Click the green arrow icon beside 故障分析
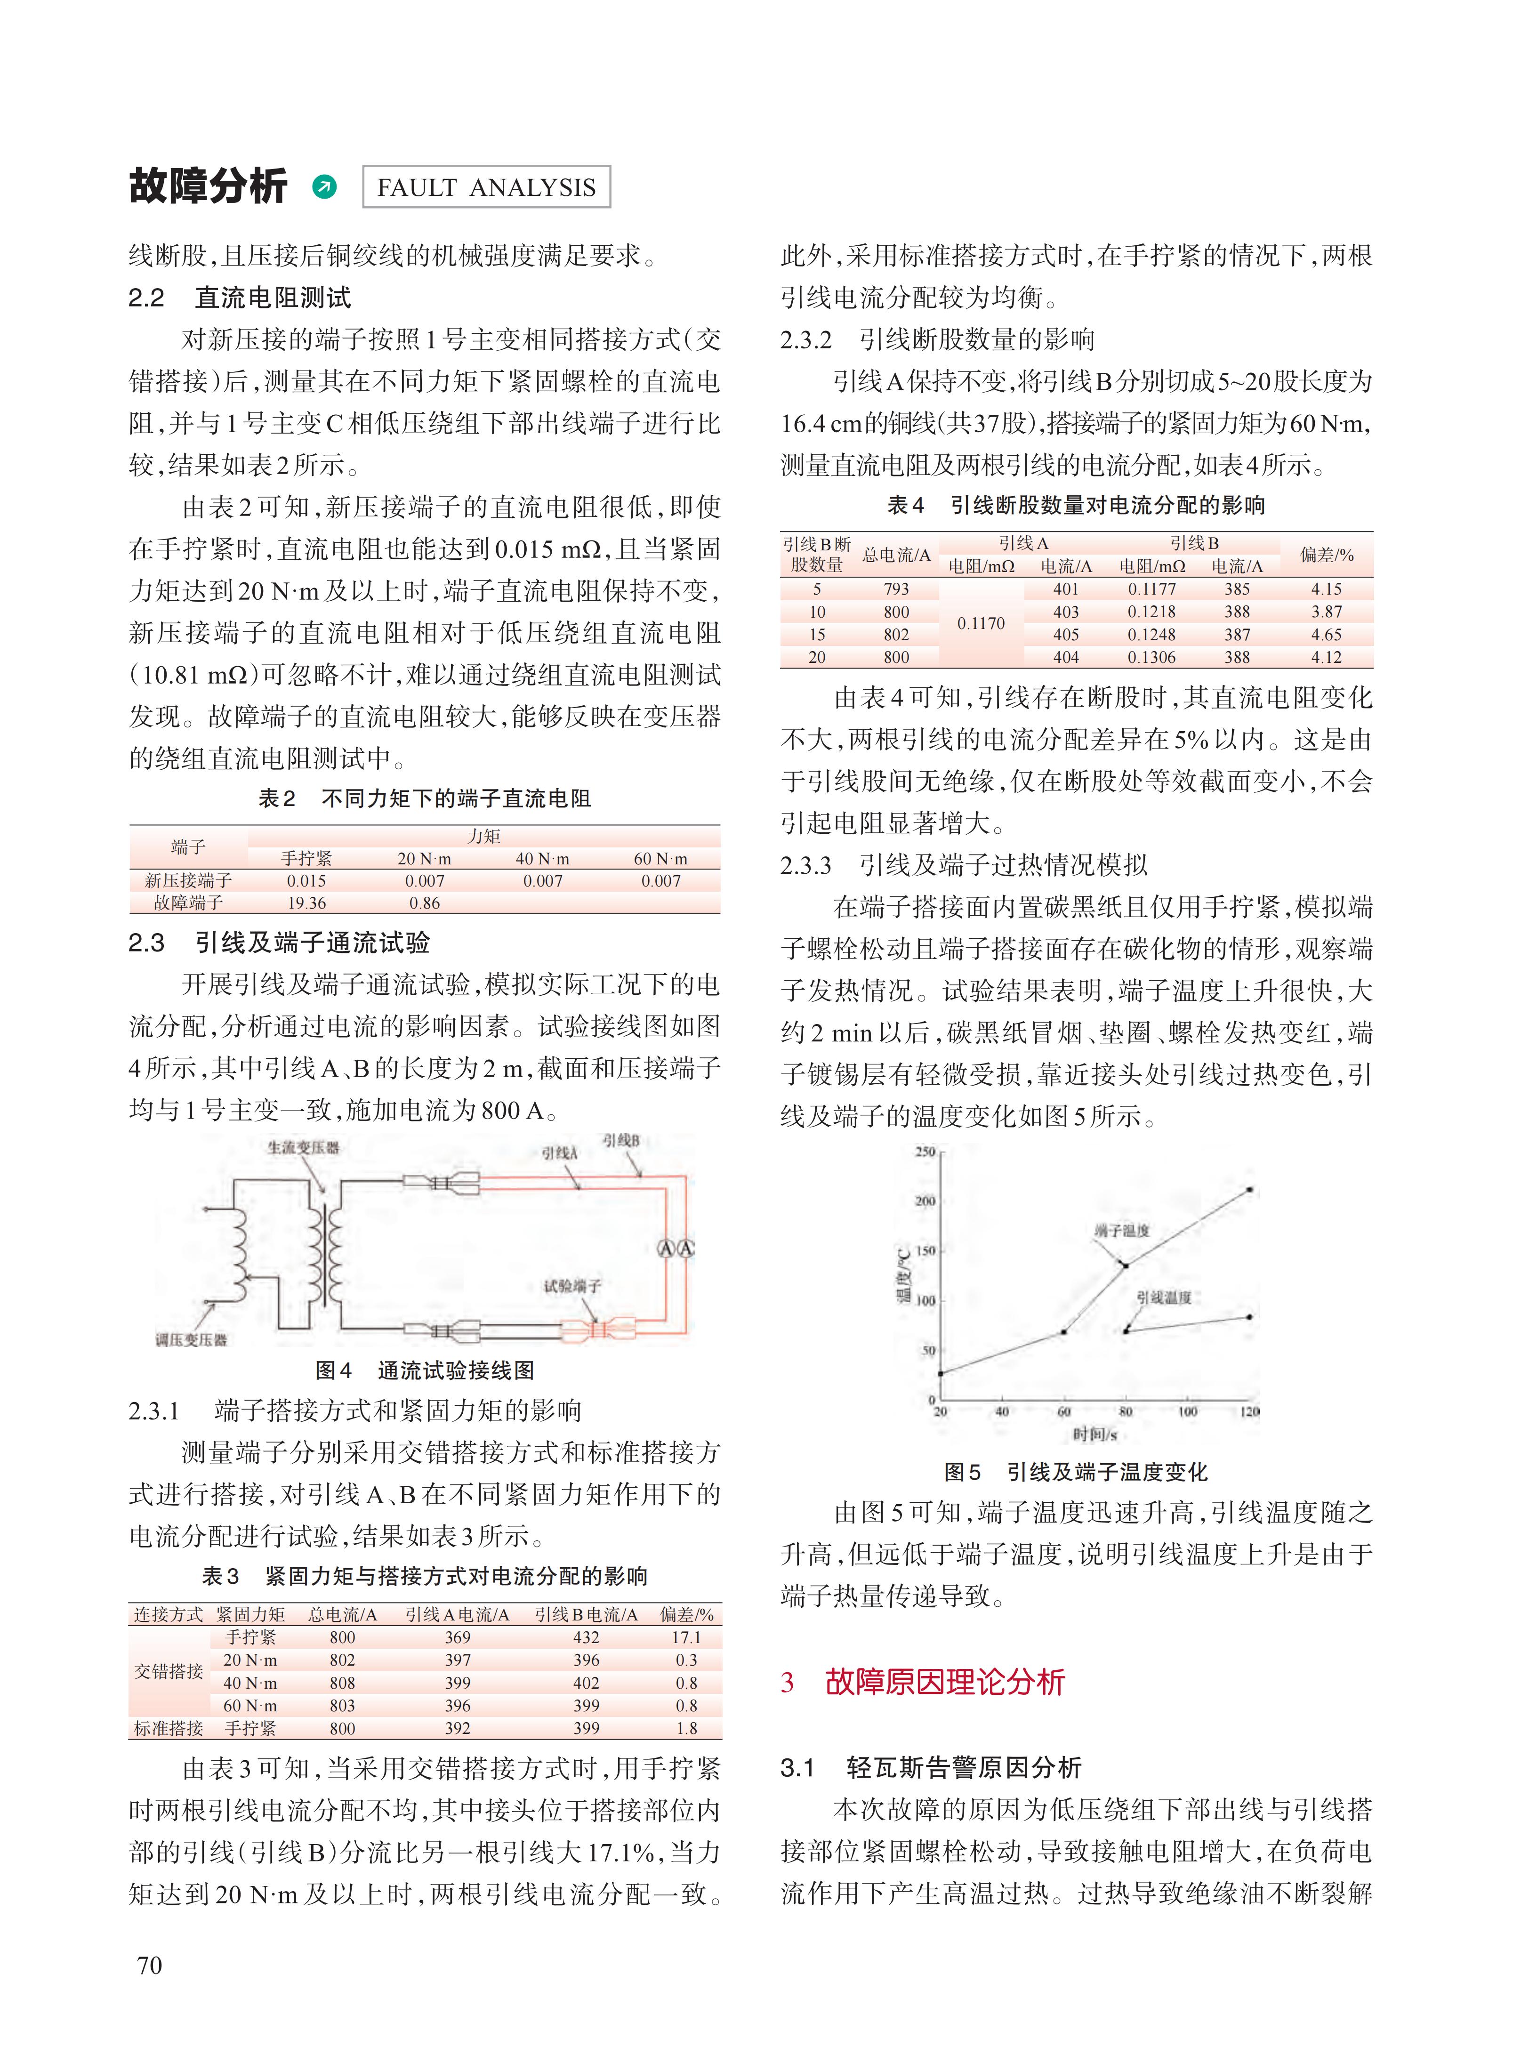[325, 187]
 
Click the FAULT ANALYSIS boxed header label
[486, 187]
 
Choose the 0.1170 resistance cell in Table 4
[981, 623]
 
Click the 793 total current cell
[896, 589]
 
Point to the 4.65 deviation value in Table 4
[1326, 635]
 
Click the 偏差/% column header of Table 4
[1326, 555]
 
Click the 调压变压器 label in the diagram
[191, 1340]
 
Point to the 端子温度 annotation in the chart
[1122, 1230]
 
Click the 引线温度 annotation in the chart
[1164, 1297]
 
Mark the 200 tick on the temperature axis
[925, 1201]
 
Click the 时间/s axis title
[1094, 1434]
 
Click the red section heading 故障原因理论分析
[944, 1682]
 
